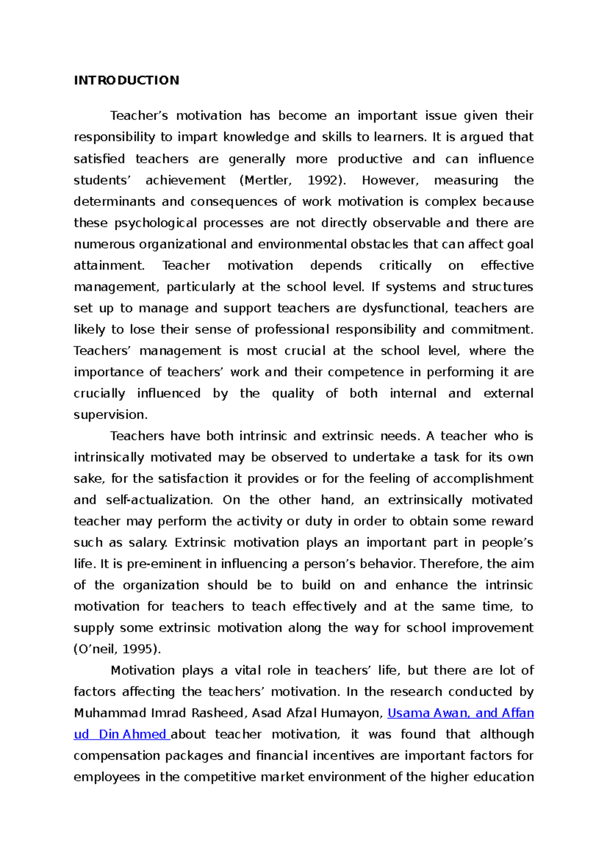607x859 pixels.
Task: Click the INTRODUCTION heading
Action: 126,80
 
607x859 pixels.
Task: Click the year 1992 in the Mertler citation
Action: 321,181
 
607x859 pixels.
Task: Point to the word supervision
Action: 110,415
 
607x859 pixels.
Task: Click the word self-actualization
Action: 160,500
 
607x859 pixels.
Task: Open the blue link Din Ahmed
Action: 133,735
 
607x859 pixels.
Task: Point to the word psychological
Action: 156,224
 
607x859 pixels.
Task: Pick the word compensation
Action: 117,756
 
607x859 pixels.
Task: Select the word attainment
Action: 109,266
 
